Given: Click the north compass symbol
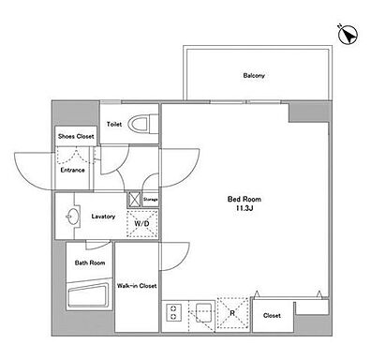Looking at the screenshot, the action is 348,35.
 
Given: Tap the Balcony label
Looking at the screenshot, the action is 254,76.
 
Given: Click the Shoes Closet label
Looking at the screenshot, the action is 76,137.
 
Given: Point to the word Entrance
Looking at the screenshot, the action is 72,171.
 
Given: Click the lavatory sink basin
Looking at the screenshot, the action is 73,216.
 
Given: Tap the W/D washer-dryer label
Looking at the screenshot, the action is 141,224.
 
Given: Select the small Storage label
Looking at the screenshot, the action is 150,199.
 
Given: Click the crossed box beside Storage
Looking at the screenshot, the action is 134,199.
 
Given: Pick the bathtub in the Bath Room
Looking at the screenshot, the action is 88,295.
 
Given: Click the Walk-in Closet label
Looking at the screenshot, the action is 137,286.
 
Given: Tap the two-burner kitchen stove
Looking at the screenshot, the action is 173,313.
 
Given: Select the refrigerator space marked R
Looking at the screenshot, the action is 232,313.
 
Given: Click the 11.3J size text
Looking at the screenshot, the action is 244,207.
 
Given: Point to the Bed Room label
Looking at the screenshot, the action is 245,199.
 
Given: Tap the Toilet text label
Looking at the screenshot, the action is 114,125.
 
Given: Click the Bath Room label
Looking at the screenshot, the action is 90,262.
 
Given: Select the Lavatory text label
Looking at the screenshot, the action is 103,217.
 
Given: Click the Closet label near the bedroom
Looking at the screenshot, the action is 272,316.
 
